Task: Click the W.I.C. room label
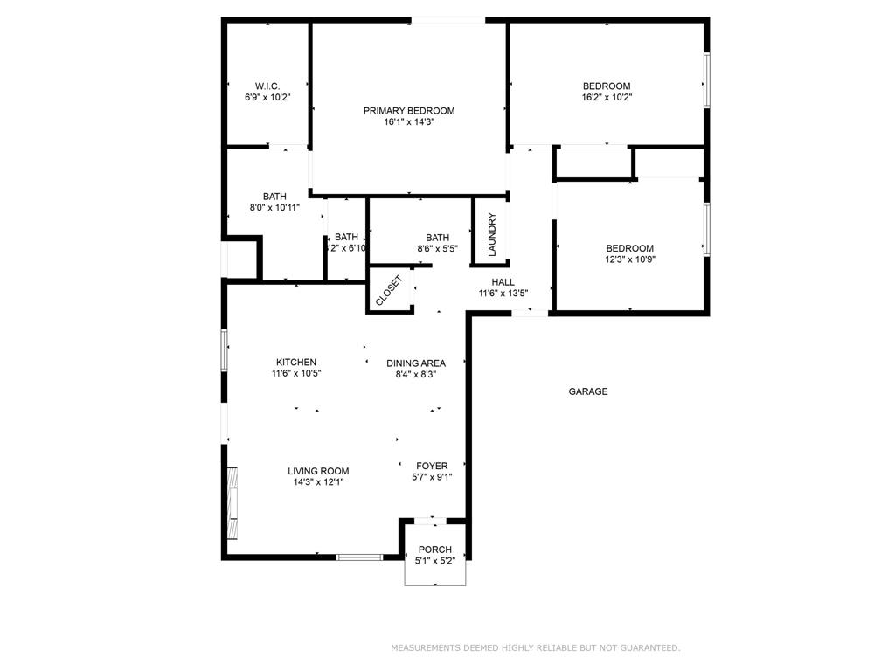[267, 86]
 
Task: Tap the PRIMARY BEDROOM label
[409, 110]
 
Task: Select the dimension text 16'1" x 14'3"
[409, 122]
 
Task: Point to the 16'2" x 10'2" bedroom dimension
[607, 98]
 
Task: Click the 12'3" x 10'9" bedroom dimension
[630, 259]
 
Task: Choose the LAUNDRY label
[491, 234]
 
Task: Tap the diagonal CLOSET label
[389, 291]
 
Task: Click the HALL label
[503, 282]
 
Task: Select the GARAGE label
[588, 391]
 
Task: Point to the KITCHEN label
[296, 362]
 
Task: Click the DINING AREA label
[416, 363]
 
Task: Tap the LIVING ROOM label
[319, 471]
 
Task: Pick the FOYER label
[432, 466]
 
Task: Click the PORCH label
[434, 550]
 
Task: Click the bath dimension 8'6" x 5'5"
[437, 249]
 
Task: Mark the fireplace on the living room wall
[232, 503]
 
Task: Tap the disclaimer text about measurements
[535, 647]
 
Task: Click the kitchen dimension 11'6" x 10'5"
[296, 374]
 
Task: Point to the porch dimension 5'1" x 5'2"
[434, 561]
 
